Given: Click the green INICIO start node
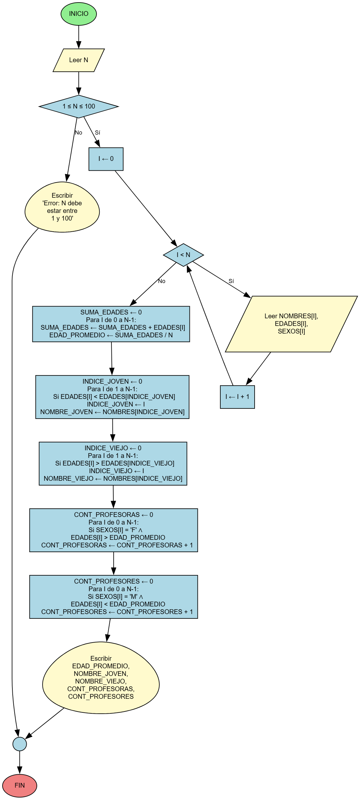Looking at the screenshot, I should (x=78, y=14).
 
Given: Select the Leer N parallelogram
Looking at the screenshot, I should (x=78, y=60).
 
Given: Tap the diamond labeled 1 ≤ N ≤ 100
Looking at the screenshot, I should (x=78, y=106).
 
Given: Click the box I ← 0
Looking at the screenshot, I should (x=106, y=159).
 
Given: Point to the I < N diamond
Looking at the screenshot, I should (x=183, y=255).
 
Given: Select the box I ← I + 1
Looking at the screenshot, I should (x=237, y=397).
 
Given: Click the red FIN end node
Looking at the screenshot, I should (x=19, y=785).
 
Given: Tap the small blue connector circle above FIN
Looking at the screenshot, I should (x=19, y=744).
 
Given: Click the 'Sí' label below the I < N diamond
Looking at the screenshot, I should (x=231, y=281).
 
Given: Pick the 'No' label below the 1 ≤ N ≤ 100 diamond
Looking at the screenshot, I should (x=78, y=133).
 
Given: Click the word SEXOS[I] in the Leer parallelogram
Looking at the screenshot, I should (x=291, y=331).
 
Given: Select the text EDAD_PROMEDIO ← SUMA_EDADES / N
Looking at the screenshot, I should (x=111, y=335).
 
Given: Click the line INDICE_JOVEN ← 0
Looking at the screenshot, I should (x=112, y=381).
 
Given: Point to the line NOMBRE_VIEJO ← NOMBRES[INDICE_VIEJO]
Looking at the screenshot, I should (x=113, y=479).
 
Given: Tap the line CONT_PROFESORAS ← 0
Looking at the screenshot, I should (x=113, y=515).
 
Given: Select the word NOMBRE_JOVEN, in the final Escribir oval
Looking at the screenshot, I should (x=101, y=673).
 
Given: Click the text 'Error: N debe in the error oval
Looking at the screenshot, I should (x=62, y=203).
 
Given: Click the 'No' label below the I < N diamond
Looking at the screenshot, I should (x=162, y=281).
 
